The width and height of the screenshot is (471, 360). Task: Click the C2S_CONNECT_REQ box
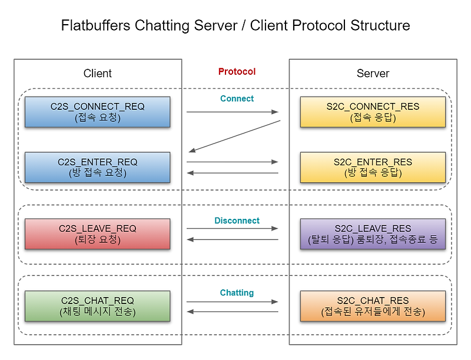click(97, 112)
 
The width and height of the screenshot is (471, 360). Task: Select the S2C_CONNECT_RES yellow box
click(373, 112)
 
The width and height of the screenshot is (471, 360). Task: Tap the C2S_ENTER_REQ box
click(97, 167)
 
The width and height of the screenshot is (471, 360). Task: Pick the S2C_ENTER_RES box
click(373, 167)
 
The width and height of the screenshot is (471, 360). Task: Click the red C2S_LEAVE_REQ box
click(97, 234)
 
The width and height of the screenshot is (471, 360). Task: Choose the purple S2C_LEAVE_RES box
click(373, 234)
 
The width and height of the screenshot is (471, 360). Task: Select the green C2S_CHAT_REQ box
click(97, 306)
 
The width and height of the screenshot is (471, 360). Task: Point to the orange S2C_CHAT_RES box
click(373, 306)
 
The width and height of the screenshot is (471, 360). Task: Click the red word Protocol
click(237, 72)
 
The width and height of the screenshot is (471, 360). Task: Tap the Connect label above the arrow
click(237, 98)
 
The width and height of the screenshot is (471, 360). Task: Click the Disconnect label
click(237, 221)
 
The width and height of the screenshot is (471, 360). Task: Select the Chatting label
click(237, 292)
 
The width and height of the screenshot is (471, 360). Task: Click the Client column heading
click(98, 74)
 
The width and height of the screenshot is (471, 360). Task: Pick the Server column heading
click(373, 74)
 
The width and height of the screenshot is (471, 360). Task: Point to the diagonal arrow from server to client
click(234, 136)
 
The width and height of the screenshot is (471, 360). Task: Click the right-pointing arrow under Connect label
click(233, 111)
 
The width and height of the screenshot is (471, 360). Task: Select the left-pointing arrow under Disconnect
click(233, 239)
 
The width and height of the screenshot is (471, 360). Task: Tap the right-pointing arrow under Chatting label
click(233, 301)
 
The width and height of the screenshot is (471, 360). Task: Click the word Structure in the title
click(380, 26)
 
